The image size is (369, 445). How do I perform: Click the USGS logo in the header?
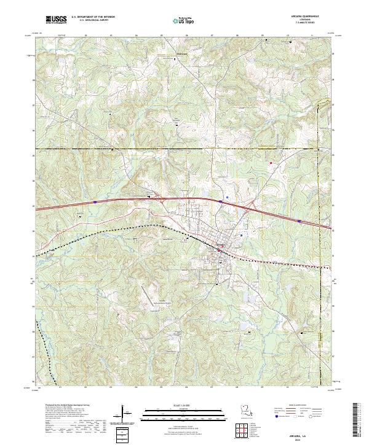tap(57, 20)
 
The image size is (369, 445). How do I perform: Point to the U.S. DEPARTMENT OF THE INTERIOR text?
tap(93, 17)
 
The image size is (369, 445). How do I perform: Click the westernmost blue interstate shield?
tap(95, 201)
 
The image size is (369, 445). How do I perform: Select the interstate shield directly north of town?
tap(220, 200)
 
